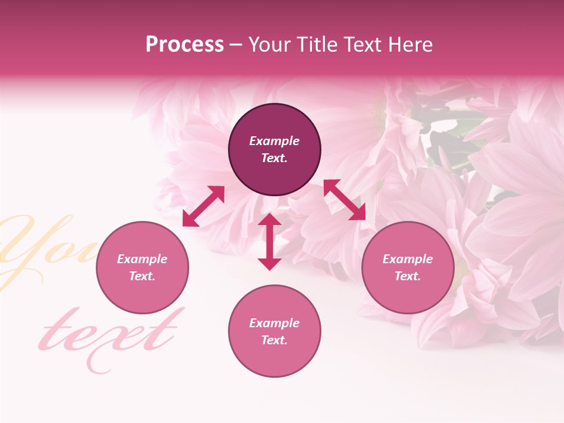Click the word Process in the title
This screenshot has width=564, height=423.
(184, 45)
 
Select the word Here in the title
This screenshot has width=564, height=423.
(412, 45)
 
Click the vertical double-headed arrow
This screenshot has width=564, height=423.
(270, 241)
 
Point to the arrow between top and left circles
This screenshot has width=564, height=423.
(203, 206)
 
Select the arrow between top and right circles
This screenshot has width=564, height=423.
(345, 200)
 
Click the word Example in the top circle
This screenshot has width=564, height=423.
(274, 141)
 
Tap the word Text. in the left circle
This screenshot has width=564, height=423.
(142, 276)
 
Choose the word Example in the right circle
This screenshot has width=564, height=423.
(408, 259)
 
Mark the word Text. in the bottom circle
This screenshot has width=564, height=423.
(274, 340)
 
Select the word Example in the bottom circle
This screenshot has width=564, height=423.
(274, 323)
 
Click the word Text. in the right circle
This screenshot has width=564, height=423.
(408, 276)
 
